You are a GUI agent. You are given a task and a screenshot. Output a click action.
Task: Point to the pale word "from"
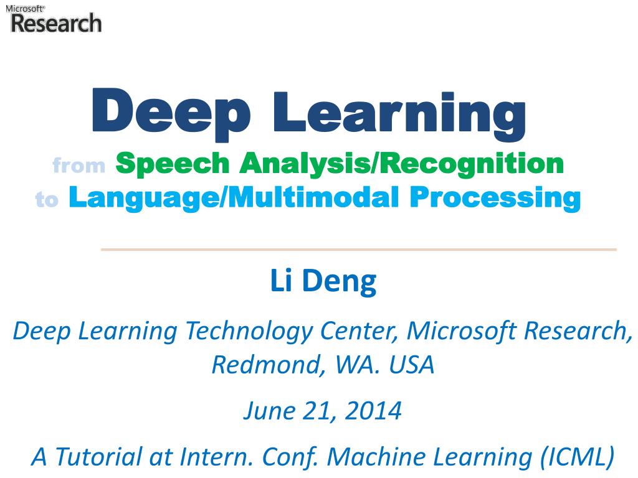coord(79,166)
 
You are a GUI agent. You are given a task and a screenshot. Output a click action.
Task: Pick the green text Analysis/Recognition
coord(402,163)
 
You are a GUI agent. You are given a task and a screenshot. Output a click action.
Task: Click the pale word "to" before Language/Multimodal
coord(47,199)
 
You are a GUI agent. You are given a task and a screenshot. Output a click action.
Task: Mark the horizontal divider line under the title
coord(358,250)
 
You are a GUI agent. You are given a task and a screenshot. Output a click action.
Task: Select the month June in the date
coord(264,410)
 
